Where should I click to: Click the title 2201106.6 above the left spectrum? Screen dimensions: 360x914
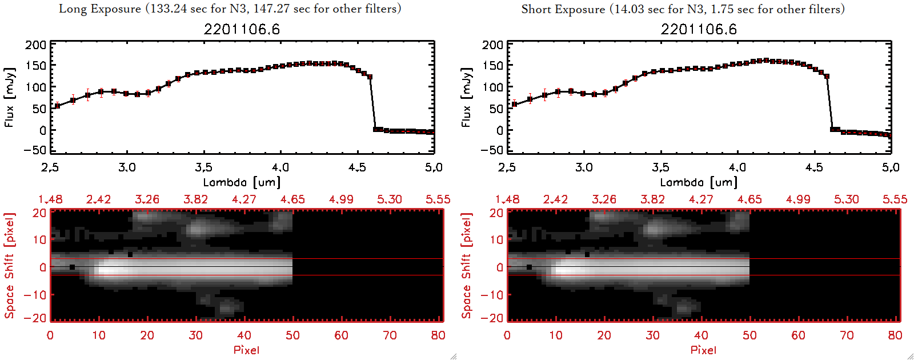click(242, 29)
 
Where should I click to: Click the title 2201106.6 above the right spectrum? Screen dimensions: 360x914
click(699, 29)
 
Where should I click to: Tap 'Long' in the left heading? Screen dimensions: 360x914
click(72, 9)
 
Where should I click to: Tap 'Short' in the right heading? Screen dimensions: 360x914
click(536, 9)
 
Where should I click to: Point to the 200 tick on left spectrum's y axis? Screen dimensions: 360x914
click(35, 45)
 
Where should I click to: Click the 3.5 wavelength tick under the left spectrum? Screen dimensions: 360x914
click(203, 167)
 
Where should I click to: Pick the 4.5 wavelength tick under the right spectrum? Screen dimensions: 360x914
click(814, 167)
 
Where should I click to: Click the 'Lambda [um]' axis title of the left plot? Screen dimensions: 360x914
click(242, 182)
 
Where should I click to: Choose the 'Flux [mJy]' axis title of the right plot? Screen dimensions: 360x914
click(467, 98)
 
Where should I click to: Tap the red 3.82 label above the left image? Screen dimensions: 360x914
click(195, 199)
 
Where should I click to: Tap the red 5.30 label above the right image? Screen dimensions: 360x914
click(846, 199)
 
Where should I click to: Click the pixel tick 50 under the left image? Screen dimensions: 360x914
click(292, 335)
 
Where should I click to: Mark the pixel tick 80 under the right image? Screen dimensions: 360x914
click(895, 335)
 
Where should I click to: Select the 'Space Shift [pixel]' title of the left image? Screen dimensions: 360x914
click(10, 266)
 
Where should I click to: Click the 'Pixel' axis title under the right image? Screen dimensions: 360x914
click(703, 350)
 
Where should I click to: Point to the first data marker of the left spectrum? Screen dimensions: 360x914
click(57, 106)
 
